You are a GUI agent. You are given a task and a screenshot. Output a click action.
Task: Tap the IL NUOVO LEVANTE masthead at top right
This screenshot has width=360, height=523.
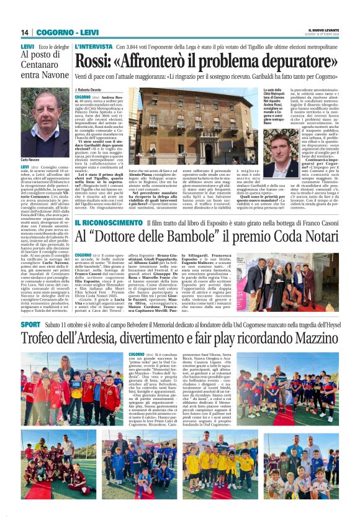(323, 31)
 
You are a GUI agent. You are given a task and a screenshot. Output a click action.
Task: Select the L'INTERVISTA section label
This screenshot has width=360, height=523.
(92, 47)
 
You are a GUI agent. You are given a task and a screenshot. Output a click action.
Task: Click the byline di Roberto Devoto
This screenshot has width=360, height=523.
(91, 90)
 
